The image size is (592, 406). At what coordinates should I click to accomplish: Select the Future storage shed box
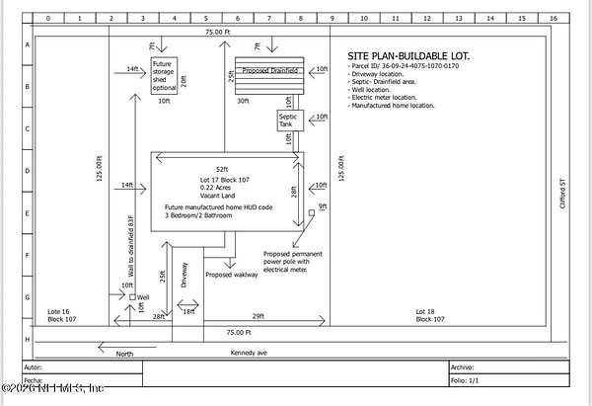pyautogui.click(x=164, y=76)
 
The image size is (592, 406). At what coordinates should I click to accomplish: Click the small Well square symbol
pyautogui.click(x=133, y=296)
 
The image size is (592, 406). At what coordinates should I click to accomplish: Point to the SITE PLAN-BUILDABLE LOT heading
pyautogui.click(x=408, y=56)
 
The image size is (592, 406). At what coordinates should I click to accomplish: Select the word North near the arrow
pyautogui.click(x=125, y=353)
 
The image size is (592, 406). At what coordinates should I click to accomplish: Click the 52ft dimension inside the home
pyautogui.click(x=227, y=168)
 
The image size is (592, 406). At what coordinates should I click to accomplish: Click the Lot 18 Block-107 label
pyautogui.click(x=430, y=316)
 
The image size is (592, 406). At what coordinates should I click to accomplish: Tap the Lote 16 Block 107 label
pyautogui.click(x=65, y=316)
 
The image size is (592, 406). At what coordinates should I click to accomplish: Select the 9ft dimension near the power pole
pyautogui.click(x=323, y=206)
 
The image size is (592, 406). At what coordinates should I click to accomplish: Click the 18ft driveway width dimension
pyautogui.click(x=188, y=312)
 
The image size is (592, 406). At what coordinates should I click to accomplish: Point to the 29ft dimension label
pyautogui.click(x=258, y=314)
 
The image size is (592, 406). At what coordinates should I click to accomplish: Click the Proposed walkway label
pyautogui.click(x=231, y=275)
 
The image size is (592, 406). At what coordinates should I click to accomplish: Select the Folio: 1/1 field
pyautogui.click(x=461, y=379)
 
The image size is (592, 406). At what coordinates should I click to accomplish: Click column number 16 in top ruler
pyautogui.click(x=554, y=18)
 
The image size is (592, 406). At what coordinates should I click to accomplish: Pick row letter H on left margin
pyautogui.click(x=28, y=339)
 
